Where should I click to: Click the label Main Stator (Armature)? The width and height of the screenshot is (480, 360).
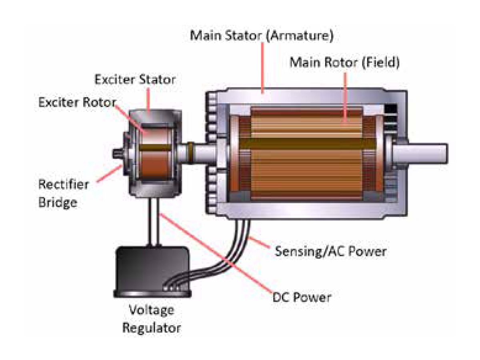point(262,35)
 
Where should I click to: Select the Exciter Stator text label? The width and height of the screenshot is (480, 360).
point(135,79)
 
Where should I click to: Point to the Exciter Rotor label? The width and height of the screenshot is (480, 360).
point(77,102)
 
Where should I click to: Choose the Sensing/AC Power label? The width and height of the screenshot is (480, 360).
point(330,251)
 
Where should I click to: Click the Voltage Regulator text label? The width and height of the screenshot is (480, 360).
point(151,319)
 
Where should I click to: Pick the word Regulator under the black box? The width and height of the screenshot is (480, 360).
point(151,328)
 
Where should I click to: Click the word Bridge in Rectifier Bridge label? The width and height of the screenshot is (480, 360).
point(58,202)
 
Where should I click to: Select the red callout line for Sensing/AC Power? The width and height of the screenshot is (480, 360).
point(262,245)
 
